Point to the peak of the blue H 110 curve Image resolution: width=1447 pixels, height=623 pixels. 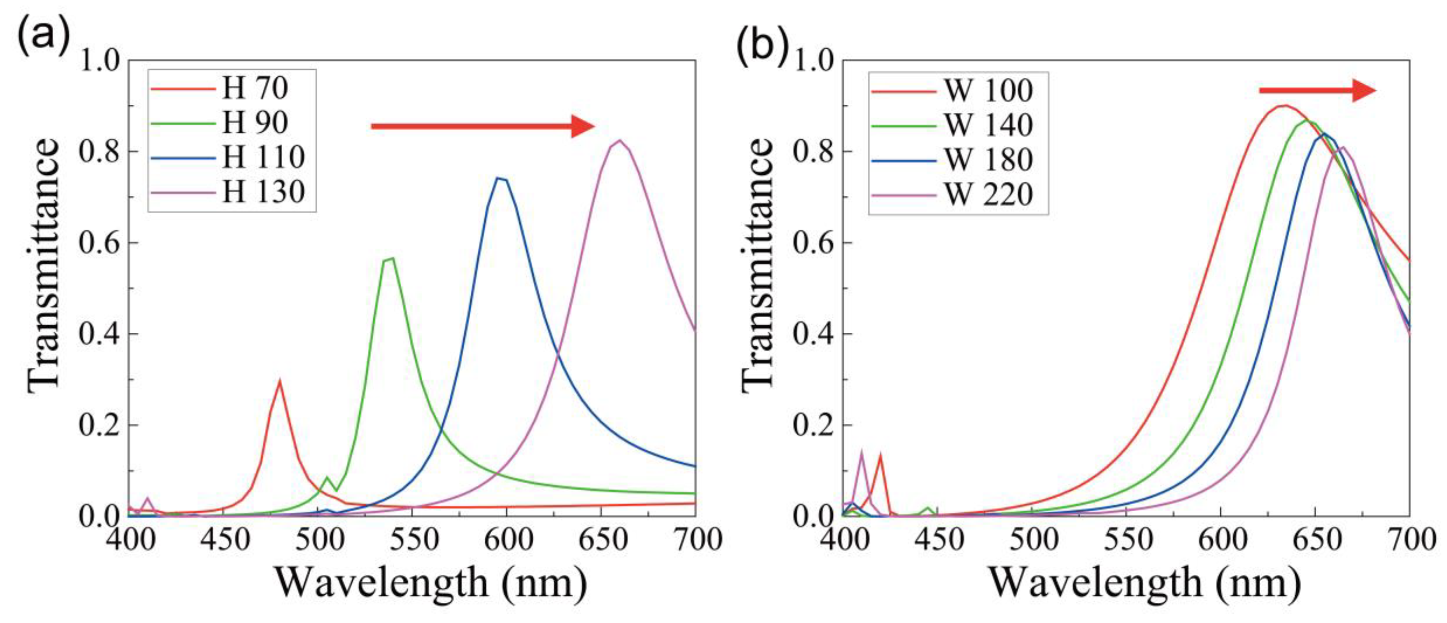tap(498, 179)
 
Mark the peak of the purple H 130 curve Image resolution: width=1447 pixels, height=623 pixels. tap(620, 140)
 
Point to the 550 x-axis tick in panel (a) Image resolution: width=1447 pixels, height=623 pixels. tap(413, 540)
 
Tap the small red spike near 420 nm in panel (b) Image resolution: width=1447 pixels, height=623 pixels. tap(880, 455)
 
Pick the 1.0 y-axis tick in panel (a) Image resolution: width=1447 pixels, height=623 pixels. tap(100, 60)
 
